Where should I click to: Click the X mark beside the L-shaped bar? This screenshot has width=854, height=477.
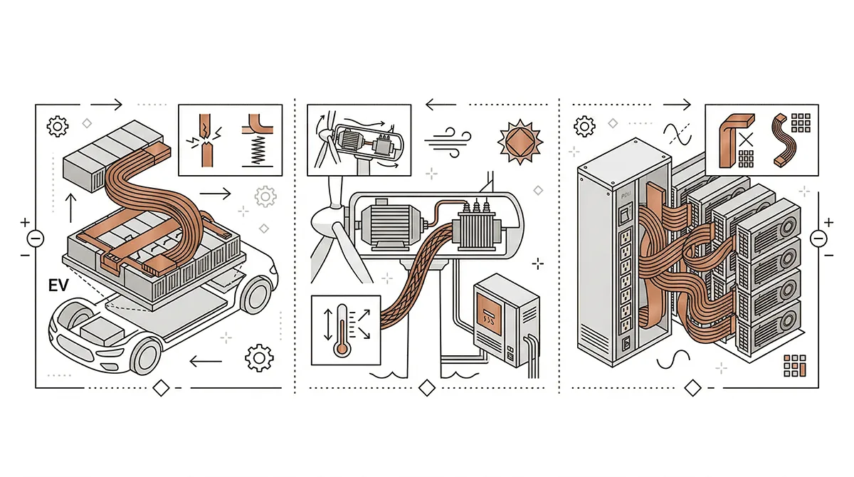(747, 137)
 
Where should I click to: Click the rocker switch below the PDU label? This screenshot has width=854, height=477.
(626, 211)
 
